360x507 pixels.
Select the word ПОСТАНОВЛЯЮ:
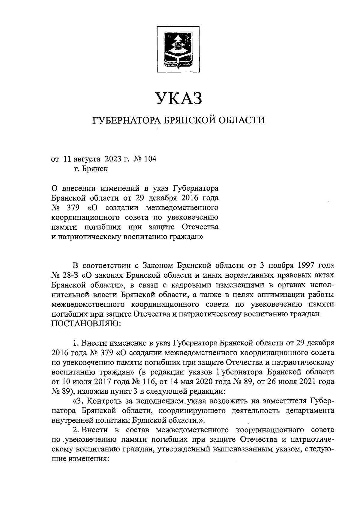point(86,324)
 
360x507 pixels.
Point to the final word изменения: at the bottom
point(79,459)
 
